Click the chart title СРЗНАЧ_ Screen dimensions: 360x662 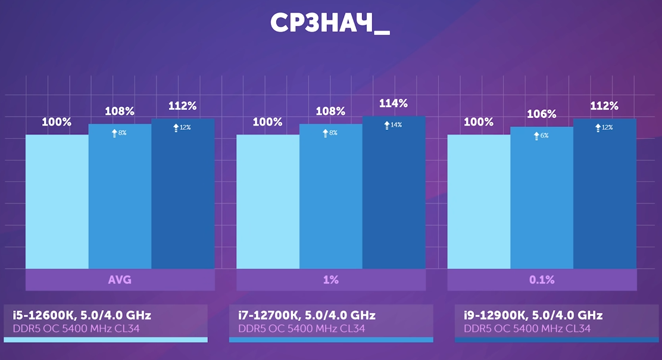[330, 23]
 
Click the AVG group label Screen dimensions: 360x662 [120, 280]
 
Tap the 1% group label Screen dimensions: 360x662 [331, 280]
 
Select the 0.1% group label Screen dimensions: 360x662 [542, 280]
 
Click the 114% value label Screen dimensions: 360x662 [394, 104]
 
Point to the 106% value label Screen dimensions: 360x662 [542, 114]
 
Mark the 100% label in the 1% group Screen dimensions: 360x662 [267, 122]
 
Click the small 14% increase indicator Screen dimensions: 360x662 [393, 125]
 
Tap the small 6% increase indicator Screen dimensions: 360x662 [541, 136]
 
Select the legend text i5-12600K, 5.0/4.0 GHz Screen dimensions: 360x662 [82, 315]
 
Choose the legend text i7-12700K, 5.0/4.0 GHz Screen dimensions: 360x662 [307, 315]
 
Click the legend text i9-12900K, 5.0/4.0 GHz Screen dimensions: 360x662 [533, 315]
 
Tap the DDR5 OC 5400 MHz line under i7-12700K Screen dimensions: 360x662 [301, 328]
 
